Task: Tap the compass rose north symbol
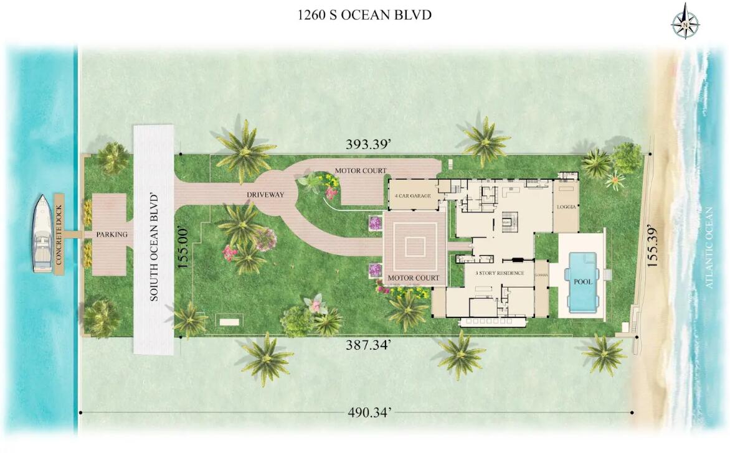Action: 685,22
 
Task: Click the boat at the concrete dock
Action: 43,234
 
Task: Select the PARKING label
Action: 111,235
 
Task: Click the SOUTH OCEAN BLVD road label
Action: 153,248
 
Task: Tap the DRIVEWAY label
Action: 265,195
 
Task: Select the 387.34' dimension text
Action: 368,346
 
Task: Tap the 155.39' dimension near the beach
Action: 652,245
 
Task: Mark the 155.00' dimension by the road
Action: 183,248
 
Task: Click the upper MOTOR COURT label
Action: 361,170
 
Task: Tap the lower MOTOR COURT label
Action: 414,277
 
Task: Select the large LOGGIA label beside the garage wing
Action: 566,206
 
